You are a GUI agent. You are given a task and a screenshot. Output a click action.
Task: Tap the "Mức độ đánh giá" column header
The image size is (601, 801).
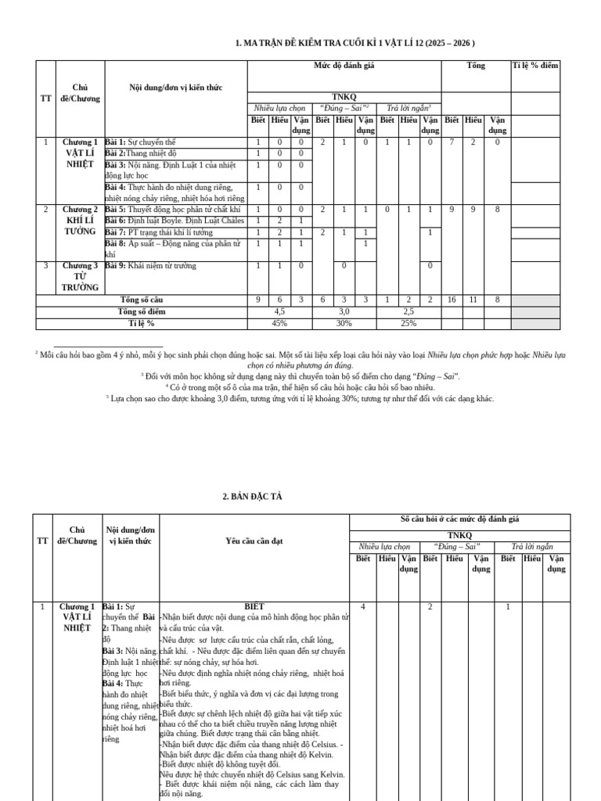344,66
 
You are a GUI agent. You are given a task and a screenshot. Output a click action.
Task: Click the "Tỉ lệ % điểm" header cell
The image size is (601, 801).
535,66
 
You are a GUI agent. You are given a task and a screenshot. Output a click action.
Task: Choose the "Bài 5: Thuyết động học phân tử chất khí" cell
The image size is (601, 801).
172,210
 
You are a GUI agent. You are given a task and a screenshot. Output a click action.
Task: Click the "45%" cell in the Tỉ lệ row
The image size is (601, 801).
279,323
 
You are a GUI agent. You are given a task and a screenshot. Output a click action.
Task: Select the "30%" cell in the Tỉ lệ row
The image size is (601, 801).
344,323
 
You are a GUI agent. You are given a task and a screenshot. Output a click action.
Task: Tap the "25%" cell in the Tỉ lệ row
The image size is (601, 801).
408,323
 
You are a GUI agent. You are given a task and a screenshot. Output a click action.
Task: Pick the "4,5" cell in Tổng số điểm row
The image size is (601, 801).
279,311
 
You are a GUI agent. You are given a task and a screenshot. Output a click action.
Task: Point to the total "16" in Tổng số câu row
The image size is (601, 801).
452,300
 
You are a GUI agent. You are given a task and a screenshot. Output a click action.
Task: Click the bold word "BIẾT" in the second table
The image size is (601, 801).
254,606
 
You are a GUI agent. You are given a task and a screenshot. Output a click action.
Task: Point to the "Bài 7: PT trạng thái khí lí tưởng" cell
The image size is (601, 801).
169,232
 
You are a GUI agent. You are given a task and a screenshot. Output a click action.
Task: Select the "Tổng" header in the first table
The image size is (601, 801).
476,66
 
